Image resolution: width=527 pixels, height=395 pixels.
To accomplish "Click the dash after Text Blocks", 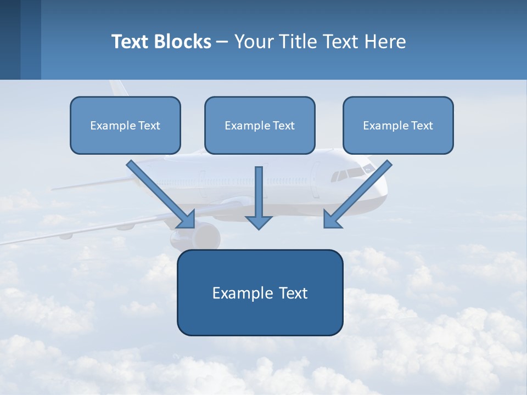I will [x=222, y=42].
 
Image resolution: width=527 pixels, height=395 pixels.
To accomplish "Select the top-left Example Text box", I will [x=125, y=125].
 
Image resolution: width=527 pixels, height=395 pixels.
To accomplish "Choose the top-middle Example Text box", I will [x=260, y=125].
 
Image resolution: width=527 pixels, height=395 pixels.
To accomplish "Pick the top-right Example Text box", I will [x=398, y=125].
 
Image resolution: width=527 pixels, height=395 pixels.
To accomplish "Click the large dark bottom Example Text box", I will [x=260, y=292].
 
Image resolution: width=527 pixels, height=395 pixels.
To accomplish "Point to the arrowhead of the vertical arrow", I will [x=259, y=222].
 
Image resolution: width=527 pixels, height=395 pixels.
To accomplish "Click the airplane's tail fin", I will [x=118, y=88].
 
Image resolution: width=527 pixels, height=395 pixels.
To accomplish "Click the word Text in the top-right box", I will [x=422, y=126].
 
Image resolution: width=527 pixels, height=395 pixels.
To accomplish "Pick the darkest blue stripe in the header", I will [x=10, y=39].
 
